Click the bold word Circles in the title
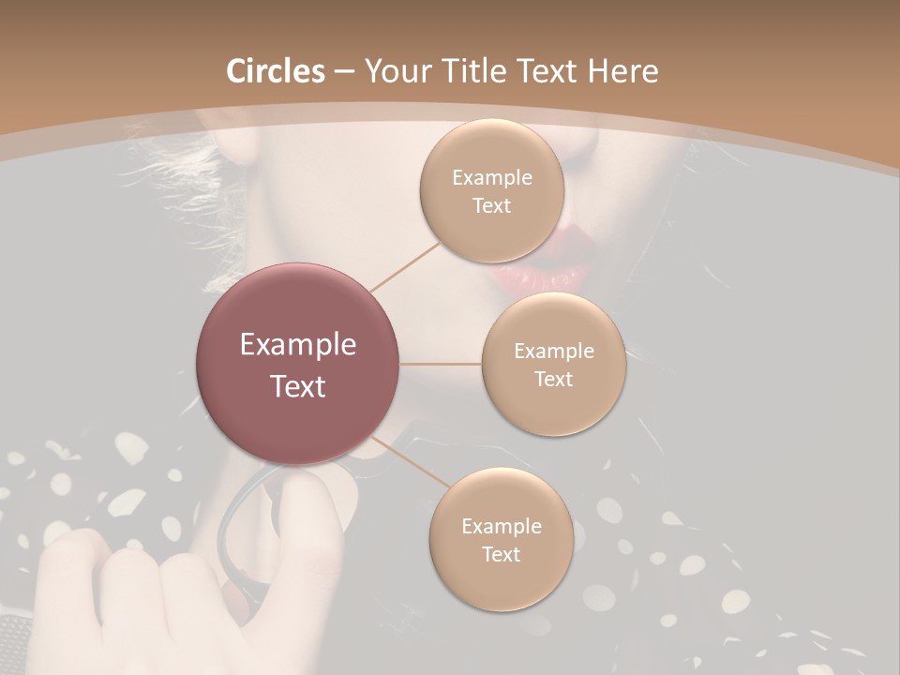click(276, 71)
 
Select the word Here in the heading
click(622, 71)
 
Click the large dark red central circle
click(298, 364)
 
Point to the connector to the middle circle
click(441, 364)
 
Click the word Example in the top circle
click(491, 178)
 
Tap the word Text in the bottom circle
click(501, 555)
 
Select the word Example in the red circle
click(298, 345)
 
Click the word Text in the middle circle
click(553, 380)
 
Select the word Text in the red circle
click(298, 386)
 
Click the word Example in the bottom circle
click(501, 527)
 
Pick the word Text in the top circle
click(491, 206)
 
